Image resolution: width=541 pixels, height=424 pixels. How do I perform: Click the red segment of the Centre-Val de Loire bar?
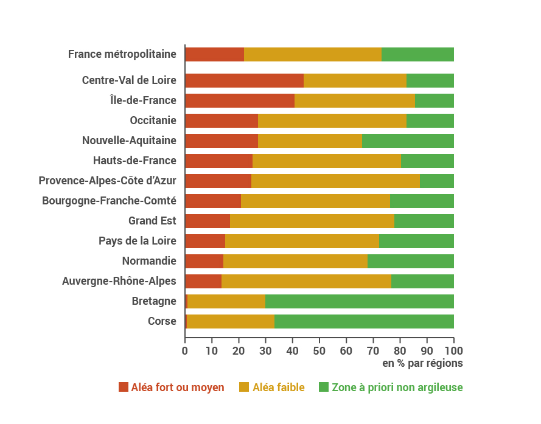click(x=244, y=80)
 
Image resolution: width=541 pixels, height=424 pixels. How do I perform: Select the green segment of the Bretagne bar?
click(x=359, y=301)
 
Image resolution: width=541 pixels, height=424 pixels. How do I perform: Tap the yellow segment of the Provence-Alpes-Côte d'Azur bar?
click(x=335, y=181)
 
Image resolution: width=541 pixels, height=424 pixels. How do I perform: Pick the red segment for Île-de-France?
click(x=239, y=100)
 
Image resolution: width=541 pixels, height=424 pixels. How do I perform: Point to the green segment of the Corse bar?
click(x=364, y=321)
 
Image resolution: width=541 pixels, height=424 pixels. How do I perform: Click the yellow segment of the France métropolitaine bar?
click(x=313, y=54)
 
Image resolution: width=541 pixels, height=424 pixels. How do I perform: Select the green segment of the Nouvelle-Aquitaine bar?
click(x=408, y=141)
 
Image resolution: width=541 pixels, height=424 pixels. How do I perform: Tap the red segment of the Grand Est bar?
click(x=207, y=221)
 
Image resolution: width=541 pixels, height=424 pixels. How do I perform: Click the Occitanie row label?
click(x=153, y=120)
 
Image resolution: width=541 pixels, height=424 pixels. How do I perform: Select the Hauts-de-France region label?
click(x=134, y=161)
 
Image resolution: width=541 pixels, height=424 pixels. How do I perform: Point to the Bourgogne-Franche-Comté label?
click(x=109, y=201)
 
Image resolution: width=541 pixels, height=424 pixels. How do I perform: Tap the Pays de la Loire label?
click(x=137, y=241)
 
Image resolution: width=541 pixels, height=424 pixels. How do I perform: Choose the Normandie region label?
click(x=149, y=261)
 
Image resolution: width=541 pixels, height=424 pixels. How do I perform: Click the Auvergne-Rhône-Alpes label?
click(x=119, y=281)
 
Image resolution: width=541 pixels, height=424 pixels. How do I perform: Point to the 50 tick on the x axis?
click(x=319, y=350)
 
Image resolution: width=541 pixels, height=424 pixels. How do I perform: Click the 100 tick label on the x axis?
click(x=453, y=350)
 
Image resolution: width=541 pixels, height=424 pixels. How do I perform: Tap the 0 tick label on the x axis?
click(x=185, y=350)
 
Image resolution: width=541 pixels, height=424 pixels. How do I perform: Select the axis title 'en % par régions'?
click(x=422, y=363)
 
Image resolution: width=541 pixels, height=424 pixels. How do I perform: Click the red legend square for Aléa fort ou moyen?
click(x=124, y=387)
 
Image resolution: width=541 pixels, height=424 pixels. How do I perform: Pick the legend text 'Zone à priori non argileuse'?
click(x=397, y=387)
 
